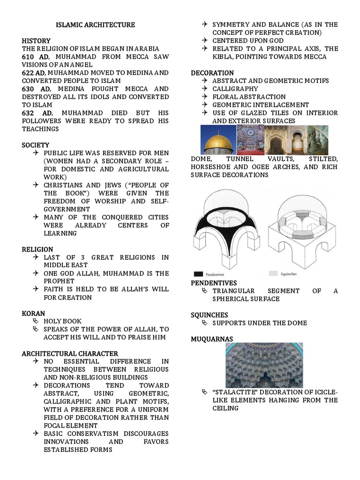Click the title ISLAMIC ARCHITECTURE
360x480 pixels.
coord(95,25)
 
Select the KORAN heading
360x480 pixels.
coord(33,313)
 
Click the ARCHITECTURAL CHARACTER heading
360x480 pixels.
coord(70,353)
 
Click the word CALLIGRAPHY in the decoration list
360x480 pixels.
coord(235,89)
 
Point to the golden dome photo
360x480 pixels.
coord(218,140)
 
